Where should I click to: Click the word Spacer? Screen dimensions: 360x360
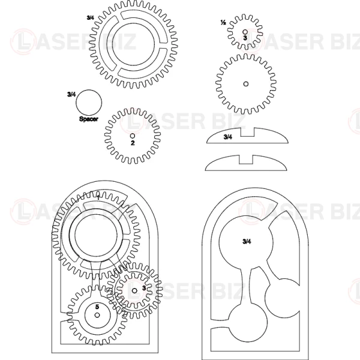[x=89, y=119]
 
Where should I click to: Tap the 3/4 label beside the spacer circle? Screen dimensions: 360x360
[x=71, y=94]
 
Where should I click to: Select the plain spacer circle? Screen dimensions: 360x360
[x=89, y=103]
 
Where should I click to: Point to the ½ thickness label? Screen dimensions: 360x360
[x=223, y=23]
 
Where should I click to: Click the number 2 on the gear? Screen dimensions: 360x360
[x=133, y=143]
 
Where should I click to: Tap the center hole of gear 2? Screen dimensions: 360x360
[x=133, y=136]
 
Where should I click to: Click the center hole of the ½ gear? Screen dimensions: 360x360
[x=245, y=32]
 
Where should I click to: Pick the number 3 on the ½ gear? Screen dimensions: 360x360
[x=245, y=38]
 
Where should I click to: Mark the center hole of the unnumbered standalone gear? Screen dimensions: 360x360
[x=246, y=84]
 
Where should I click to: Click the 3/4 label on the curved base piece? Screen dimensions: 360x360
[x=228, y=137]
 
